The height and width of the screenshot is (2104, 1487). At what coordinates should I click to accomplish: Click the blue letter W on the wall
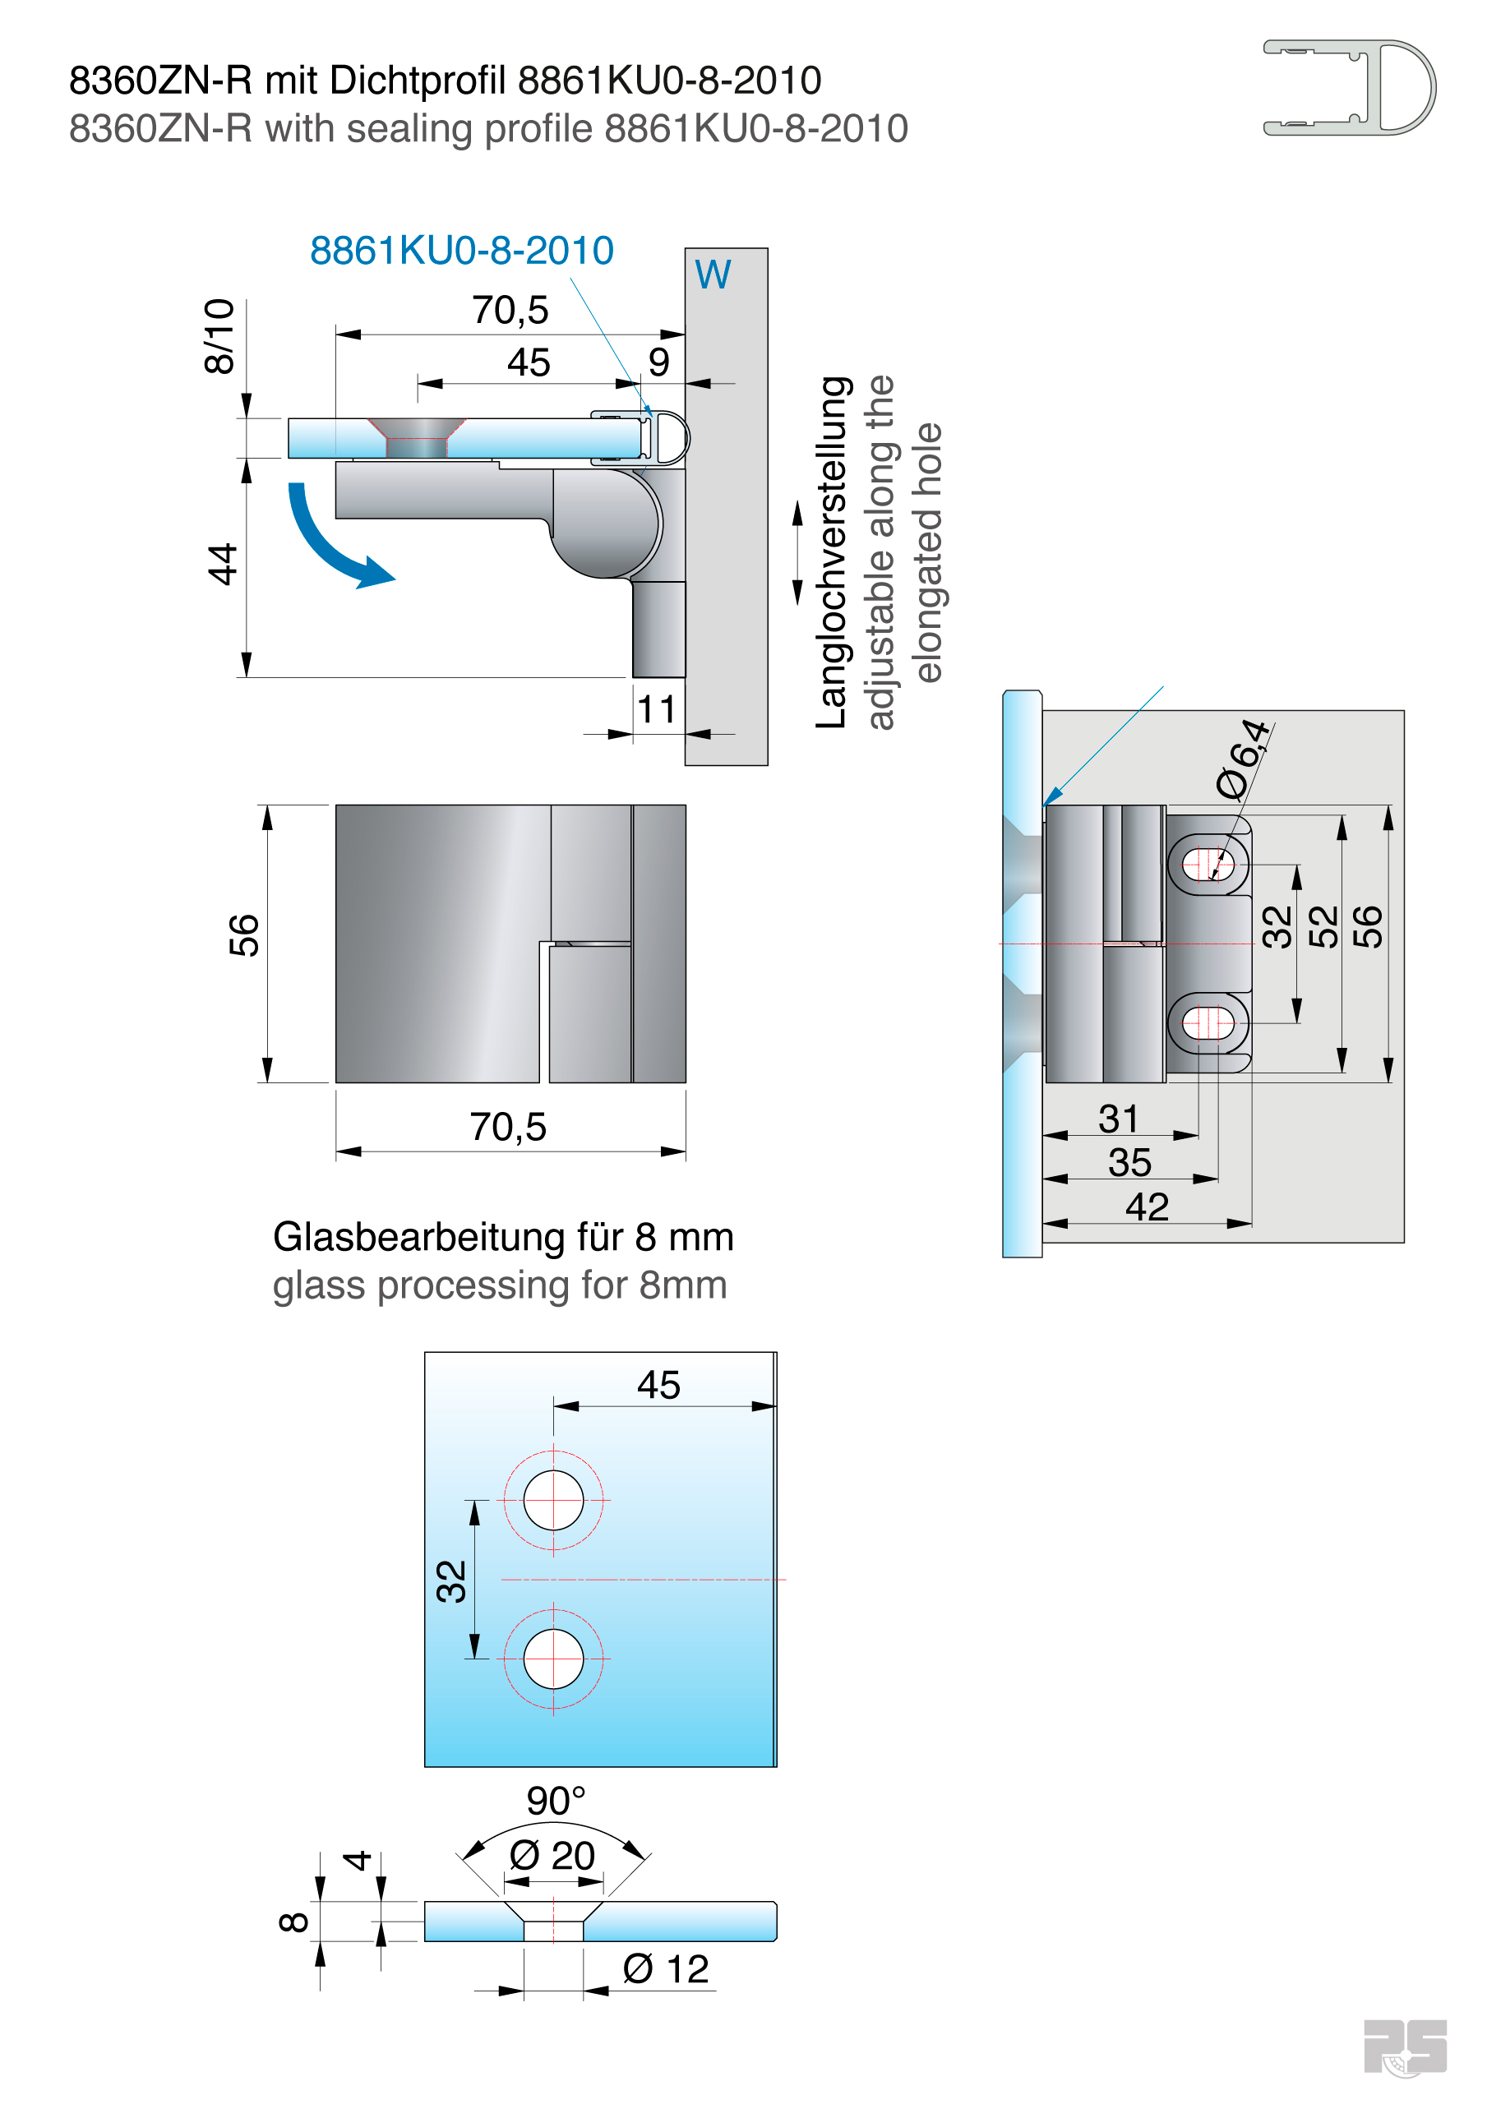coord(713,275)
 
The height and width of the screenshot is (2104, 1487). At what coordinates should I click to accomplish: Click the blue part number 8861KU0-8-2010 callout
coord(461,250)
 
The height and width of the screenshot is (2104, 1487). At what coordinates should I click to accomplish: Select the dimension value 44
coord(223,564)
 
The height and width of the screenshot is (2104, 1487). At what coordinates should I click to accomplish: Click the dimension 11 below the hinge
coord(657,709)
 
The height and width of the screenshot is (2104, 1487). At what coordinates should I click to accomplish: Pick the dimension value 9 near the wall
coord(658,362)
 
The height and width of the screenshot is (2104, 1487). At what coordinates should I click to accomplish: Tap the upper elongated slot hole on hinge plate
coord(1208,863)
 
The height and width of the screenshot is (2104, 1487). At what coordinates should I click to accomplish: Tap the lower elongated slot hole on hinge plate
coord(1208,1022)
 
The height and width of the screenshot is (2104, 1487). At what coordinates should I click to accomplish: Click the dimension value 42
coord(1147,1207)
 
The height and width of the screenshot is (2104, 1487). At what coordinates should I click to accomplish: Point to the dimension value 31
coord(1119,1119)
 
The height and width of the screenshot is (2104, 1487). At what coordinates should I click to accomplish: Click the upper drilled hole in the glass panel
coord(553,1500)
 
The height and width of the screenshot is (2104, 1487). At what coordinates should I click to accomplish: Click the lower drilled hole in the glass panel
coord(553,1659)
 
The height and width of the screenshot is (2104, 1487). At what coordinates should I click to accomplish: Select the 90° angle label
coord(556,1801)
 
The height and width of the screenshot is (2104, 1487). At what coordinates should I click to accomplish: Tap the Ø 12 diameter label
coord(666,1968)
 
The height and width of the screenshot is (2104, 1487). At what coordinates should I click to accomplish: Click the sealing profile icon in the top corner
coord(1349,88)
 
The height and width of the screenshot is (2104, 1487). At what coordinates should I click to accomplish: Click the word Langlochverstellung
coord(832,552)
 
